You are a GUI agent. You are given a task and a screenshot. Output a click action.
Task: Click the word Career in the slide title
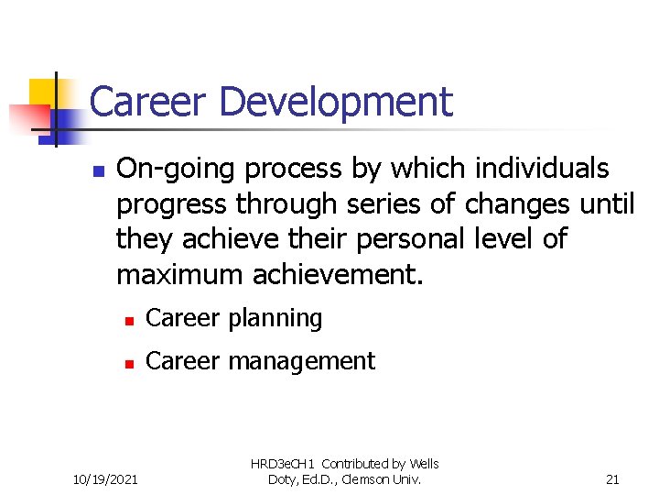click(146, 102)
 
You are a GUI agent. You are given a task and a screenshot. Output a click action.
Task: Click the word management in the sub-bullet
click(301, 362)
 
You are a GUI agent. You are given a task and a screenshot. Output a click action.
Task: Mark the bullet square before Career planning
click(130, 321)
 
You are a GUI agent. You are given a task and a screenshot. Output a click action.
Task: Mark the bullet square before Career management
click(130, 363)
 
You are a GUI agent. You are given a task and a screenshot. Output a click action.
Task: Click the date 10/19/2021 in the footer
click(106, 478)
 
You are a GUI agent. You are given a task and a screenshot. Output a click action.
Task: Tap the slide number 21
click(613, 478)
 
